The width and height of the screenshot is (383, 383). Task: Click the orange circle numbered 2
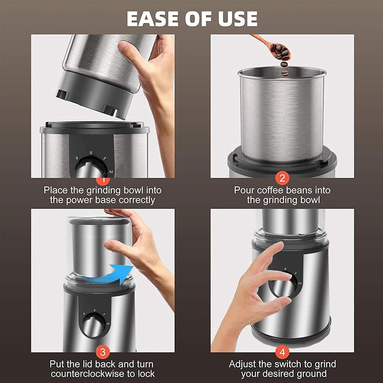click(x=282, y=178)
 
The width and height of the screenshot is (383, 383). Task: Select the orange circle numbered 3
click(x=103, y=352)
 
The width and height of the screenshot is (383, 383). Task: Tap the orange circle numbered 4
click(x=282, y=352)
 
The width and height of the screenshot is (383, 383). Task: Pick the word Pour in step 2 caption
click(x=244, y=190)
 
